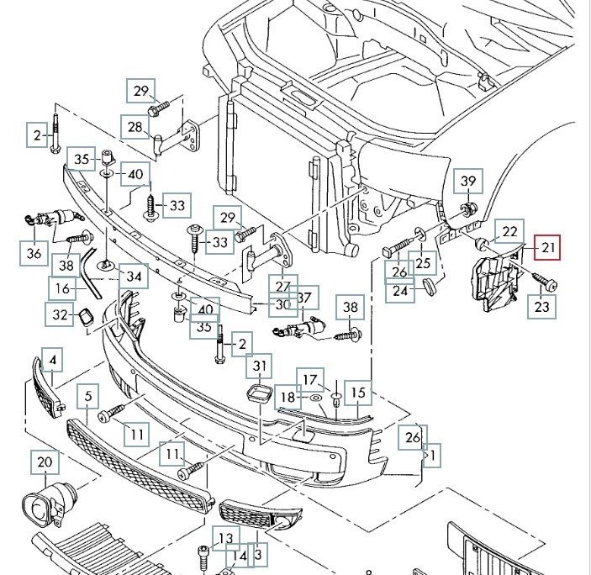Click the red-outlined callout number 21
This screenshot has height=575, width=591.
[x=548, y=247]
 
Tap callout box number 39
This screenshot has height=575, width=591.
[x=468, y=180]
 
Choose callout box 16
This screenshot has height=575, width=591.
[x=62, y=287]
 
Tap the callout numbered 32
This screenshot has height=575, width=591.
[x=58, y=315]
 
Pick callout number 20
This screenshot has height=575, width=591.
[x=45, y=462]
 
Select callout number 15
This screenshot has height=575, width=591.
[x=358, y=391]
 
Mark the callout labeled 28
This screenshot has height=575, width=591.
[x=135, y=128]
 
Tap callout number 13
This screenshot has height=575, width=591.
[x=225, y=538]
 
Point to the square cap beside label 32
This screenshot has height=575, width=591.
[x=86, y=317]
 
